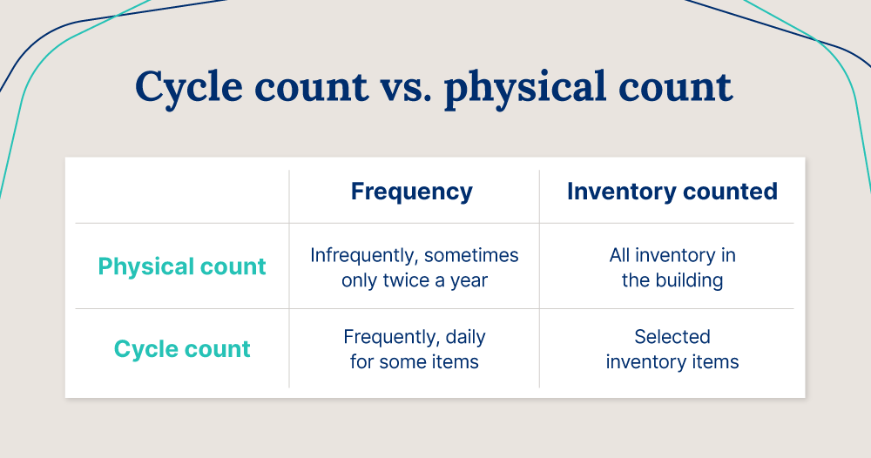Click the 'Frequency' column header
[412, 192]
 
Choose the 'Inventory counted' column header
[672, 192]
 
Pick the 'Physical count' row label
[182, 266]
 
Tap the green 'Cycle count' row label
[182, 349]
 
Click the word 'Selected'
[672, 337]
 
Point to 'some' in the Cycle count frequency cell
[405, 361]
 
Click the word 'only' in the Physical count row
[361, 280]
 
